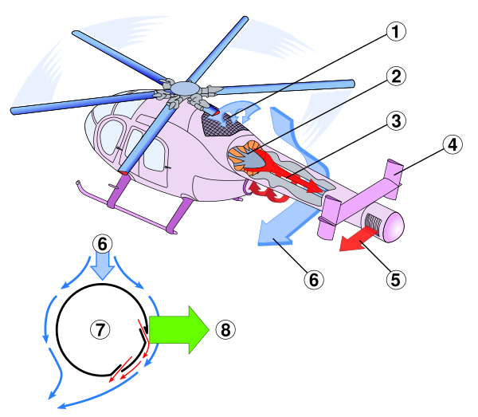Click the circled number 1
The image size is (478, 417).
coord(396,32)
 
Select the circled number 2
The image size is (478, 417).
coord(396,77)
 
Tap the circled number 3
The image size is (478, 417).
coord(396,121)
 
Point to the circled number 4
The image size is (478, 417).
coord(452,145)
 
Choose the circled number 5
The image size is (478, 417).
coord(396,280)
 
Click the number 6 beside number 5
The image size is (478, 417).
coord(314,280)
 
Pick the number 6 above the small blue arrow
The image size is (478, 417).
coord(102,243)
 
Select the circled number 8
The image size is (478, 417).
coord(225,329)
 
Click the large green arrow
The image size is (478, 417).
coord(177,329)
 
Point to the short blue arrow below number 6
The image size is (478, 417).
coord(102,266)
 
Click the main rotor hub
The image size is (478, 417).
coord(183,88)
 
